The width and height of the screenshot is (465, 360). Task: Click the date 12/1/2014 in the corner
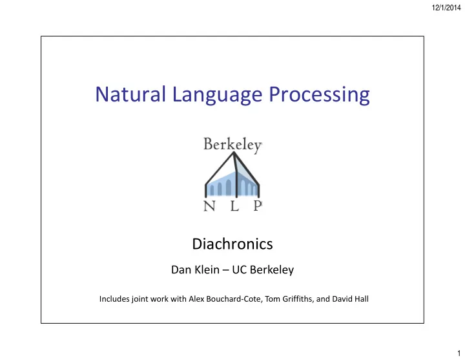pyautogui.click(x=446, y=8)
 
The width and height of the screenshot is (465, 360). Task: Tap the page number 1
pyautogui.click(x=459, y=353)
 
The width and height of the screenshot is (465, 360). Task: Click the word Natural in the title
pyautogui.click(x=130, y=94)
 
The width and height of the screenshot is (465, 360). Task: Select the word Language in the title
pyautogui.click(x=217, y=96)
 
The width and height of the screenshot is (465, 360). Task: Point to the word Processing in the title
pyautogui.click(x=319, y=96)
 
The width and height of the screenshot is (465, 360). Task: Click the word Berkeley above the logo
pyautogui.click(x=232, y=145)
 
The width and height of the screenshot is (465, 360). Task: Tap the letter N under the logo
pyautogui.click(x=209, y=206)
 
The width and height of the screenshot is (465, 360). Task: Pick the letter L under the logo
pyautogui.click(x=234, y=206)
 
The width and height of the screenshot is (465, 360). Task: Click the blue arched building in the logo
pyautogui.click(x=232, y=184)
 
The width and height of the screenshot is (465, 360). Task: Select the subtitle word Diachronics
pyautogui.click(x=232, y=244)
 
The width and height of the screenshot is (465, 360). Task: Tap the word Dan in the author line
pyautogui.click(x=181, y=270)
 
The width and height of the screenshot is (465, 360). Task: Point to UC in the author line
pyautogui.click(x=240, y=270)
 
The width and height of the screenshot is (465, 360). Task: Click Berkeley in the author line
pyautogui.click(x=272, y=270)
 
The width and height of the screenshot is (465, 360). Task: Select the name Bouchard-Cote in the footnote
pyautogui.click(x=234, y=299)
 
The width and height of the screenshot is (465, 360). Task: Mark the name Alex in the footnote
pyautogui.click(x=196, y=299)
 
